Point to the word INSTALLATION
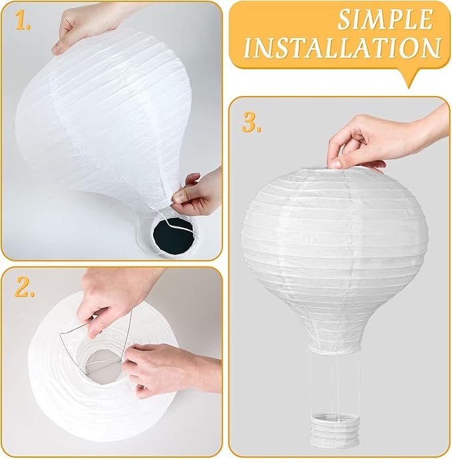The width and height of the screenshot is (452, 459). [341, 48]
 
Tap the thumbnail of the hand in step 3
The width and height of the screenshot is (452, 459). [335, 163]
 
